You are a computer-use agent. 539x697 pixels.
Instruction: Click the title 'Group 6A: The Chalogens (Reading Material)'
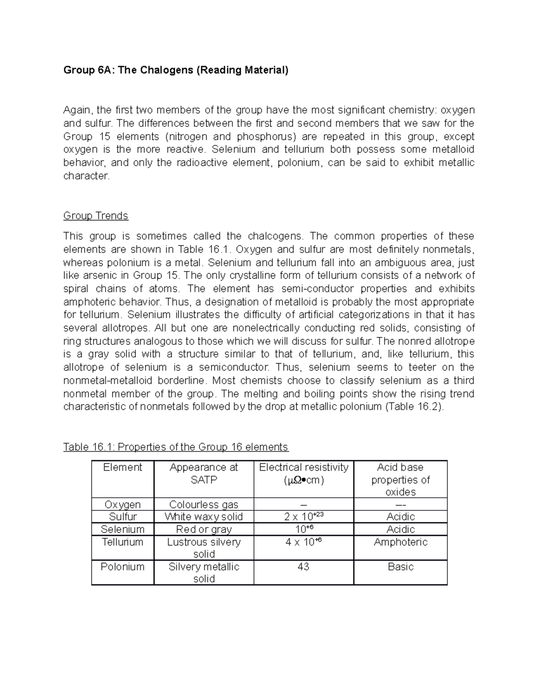pos(176,70)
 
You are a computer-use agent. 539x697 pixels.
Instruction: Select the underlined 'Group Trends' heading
pos(96,216)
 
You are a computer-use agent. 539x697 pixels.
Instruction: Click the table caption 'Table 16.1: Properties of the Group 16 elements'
pos(176,447)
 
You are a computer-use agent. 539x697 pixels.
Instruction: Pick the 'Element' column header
pos(122,468)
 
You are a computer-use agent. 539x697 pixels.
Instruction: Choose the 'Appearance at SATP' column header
pos(203,473)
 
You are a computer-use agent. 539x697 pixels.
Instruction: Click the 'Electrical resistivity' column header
pos(304,468)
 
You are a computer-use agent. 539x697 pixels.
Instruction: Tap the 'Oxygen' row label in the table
pos(122,504)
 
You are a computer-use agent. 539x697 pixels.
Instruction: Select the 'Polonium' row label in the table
pos(122,567)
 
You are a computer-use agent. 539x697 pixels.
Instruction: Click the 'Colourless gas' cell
pos(203,504)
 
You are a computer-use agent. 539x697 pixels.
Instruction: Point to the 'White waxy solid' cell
pos(203,517)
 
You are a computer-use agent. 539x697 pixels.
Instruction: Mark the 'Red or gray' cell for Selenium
pos(203,530)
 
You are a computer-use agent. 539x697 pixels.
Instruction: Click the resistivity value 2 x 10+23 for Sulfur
pos(304,517)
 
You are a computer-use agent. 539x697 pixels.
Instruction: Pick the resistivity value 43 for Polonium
pos(304,567)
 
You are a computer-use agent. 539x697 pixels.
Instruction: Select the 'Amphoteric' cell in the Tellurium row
pos(400,542)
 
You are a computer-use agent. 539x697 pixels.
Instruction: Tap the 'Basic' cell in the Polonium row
pos(400,567)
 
